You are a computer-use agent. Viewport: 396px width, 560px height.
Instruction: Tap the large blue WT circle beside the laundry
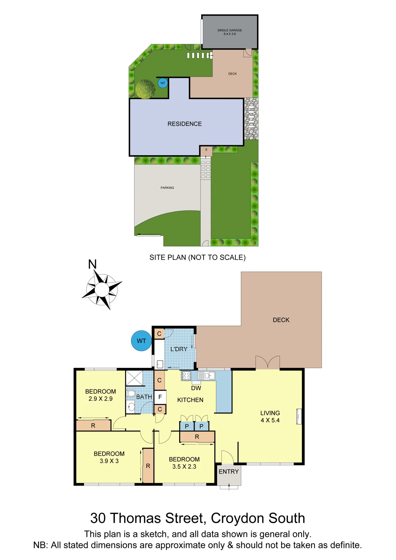pyautogui.click(x=141, y=341)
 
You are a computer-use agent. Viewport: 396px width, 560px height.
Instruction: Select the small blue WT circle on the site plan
pyautogui.click(x=163, y=83)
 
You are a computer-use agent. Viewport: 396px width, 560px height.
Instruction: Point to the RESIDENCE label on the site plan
pyautogui.click(x=184, y=124)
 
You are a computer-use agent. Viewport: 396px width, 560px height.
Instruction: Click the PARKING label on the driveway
pyautogui.click(x=167, y=188)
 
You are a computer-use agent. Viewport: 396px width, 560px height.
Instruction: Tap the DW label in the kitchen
pyautogui.click(x=196, y=388)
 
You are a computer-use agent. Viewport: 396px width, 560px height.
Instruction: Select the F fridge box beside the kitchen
pyautogui.click(x=160, y=397)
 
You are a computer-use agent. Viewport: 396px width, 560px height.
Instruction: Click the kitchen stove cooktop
pyautogui.click(x=186, y=376)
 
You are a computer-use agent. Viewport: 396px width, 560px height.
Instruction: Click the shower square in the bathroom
pyautogui.click(x=134, y=378)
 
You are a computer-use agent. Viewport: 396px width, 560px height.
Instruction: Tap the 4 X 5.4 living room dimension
pyautogui.click(x=270, y=420)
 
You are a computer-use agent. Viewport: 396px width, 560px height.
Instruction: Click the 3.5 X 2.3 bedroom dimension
pyautogui.click(x=184, y=467)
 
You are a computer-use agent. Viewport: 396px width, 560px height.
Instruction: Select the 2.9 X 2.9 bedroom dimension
pyautogui.click(x=100, y=399)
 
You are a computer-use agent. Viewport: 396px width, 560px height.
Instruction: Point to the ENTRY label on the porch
pyautogui.click(x=228, y=471)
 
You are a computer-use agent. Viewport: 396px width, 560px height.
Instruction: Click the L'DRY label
pyautogui.click(x=179, y=349)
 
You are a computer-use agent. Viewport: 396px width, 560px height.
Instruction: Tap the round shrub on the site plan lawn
pyautogui.click(x=145, y=89)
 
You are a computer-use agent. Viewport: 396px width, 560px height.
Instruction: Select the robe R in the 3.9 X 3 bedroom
pyautogui.click(x=148, y=466)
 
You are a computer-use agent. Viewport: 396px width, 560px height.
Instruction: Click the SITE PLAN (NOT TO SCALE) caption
pyautogui.click(x=197, y=257)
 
